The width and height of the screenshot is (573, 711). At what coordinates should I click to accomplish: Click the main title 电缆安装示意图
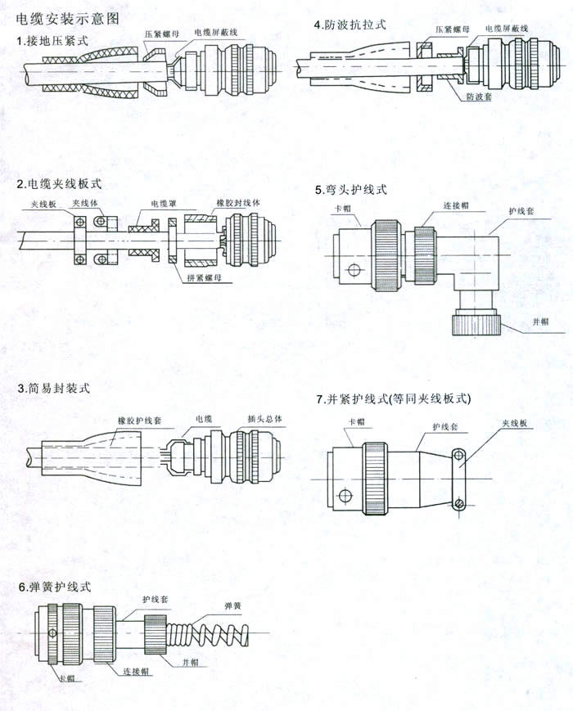point(68,19)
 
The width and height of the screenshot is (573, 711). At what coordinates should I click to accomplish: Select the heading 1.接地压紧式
point(52,41)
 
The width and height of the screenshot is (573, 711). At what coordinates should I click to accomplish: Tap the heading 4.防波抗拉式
point(350,25)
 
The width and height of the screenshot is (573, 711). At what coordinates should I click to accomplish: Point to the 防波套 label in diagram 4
point(479,97)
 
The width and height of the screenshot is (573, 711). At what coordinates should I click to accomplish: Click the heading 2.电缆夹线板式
point(60,183)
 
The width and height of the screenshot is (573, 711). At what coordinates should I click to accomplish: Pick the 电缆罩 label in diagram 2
point(164,204)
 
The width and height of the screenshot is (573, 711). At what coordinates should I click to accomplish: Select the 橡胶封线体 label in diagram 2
point(238,203)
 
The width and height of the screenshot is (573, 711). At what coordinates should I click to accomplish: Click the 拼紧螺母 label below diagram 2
point(204,277)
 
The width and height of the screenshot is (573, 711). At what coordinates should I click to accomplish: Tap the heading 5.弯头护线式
point(351,190)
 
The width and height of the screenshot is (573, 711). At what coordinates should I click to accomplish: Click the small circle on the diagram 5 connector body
point(354,271)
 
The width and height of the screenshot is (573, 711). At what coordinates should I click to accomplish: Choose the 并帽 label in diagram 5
point(540,322)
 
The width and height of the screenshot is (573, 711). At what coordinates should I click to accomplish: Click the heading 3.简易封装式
point(53,388)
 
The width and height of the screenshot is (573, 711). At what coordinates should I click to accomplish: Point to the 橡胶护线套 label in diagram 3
point(140,421)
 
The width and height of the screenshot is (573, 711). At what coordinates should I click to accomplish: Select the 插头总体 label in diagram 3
point(265,419)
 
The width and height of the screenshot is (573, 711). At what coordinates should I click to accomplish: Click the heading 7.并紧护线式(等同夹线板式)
point(394,398)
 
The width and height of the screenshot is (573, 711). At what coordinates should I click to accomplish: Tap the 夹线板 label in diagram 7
point(515,423)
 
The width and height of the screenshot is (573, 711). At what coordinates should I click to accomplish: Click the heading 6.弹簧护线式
point(55,587)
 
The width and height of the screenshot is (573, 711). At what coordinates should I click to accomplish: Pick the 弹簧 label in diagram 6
point(232,605)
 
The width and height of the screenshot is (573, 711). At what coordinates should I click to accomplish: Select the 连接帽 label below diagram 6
point(136,672)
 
